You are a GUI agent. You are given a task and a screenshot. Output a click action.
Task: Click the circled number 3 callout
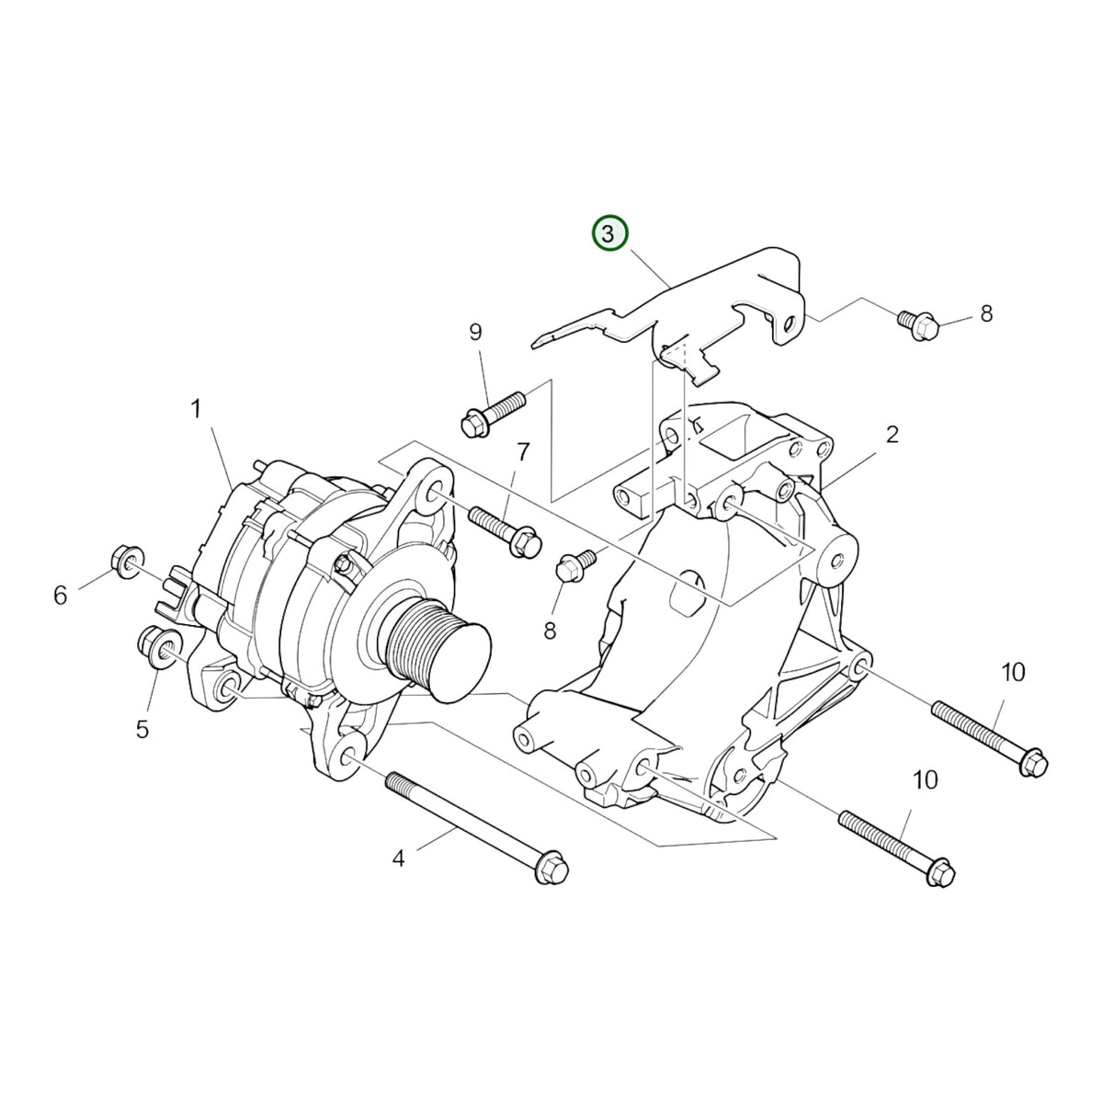click(610, 233)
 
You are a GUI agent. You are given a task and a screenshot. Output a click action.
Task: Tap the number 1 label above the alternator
click(196, 409)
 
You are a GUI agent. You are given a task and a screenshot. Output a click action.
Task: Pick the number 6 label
click(60, 596)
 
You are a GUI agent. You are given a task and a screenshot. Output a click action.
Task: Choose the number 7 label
click(522, 452)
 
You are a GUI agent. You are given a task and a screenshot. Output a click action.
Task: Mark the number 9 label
click(475, 332)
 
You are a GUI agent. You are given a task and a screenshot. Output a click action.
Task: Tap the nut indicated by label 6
click(127, 563)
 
